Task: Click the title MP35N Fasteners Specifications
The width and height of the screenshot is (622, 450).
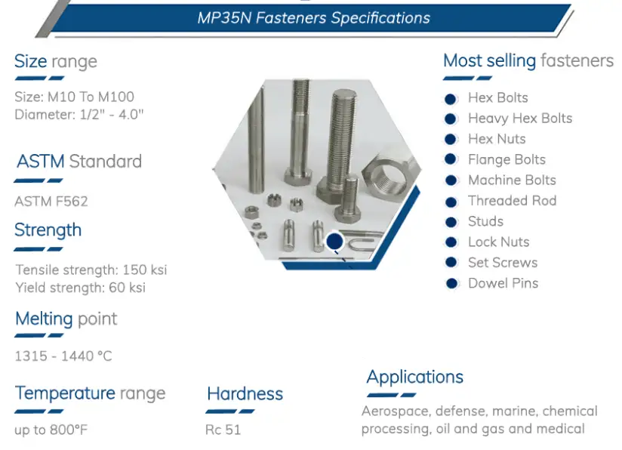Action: click(313, 18)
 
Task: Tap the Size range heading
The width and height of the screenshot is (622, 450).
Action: click(56, 61)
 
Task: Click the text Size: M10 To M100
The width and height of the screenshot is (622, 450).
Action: click(75, 97)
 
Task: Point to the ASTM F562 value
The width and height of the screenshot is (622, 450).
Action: click(51, 201)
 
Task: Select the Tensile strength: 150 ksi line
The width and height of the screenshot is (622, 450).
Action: click(91, 270)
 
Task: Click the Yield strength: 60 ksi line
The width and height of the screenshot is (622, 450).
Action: click(81, 287)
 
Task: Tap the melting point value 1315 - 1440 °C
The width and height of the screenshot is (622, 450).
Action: click(63, 356)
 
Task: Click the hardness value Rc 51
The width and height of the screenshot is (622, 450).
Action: click(223, 430)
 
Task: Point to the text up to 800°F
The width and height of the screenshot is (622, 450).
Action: click(51, 430)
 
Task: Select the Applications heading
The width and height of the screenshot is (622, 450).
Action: click(415, 377)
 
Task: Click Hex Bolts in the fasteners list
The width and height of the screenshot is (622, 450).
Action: click(497, 97)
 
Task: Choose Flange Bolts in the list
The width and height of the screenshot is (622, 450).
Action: click(507, 159)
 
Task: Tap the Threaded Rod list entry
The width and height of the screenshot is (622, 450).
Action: click(512, 201)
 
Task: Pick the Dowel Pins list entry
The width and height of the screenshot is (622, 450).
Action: click(503, 283)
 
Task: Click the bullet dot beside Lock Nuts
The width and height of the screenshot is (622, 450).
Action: click(451, 242)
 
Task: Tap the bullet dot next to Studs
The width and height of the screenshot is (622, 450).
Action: click(451, 222)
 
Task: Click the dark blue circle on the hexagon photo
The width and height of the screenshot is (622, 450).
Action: click(334, 242)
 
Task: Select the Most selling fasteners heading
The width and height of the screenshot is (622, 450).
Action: click(528, 60)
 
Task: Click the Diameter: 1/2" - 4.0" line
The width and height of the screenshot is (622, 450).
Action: click(79, 115)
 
